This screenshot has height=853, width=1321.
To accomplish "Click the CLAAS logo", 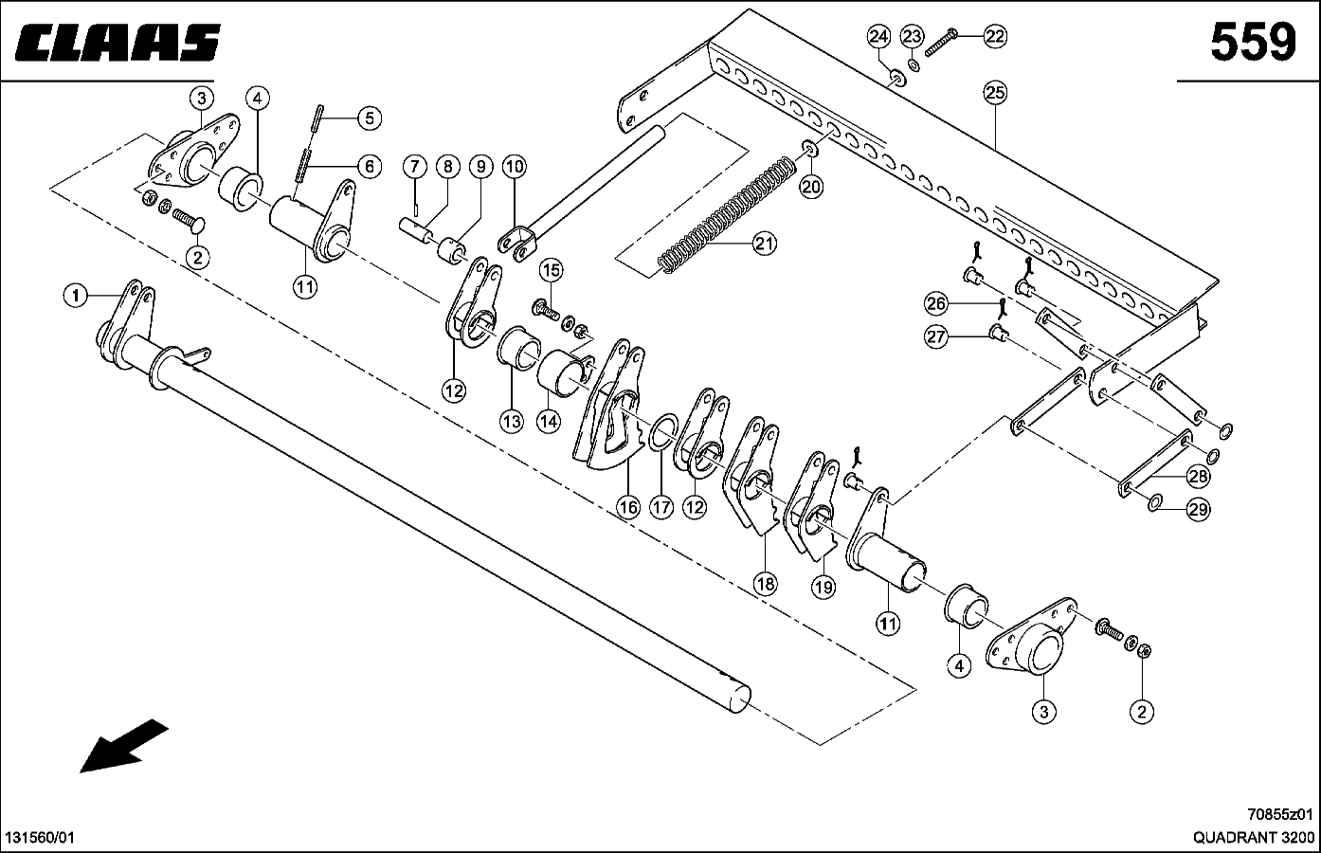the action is (118, 43).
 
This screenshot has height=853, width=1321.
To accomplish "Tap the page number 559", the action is (1253, 42).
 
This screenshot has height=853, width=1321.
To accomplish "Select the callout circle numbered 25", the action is (995, 93).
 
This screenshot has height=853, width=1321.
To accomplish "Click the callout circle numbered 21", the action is (765, 244).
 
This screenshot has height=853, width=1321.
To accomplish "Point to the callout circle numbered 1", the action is (76, 296).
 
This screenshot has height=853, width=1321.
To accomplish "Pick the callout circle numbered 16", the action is (628, 507).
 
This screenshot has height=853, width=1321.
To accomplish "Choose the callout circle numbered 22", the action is (995, 37).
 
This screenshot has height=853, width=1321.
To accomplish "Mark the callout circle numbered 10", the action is (515, 167).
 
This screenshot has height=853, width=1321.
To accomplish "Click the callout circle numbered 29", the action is (1198, 509).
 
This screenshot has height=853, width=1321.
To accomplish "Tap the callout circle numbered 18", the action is (766, 584).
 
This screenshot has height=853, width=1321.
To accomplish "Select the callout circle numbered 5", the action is (370, 118).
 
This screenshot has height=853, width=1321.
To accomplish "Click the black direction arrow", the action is (124, 746).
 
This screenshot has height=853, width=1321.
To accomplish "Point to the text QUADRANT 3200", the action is (1254, 837).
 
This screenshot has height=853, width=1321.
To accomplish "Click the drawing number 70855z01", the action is (1279, 815).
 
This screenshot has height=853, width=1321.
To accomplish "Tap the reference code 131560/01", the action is (40, 838).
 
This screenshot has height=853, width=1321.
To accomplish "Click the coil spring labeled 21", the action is (727, 215).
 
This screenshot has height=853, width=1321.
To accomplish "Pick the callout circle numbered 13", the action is (512, 421).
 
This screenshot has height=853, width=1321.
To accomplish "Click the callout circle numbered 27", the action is (936, 337).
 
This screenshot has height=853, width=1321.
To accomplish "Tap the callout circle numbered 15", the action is (552, 271).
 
